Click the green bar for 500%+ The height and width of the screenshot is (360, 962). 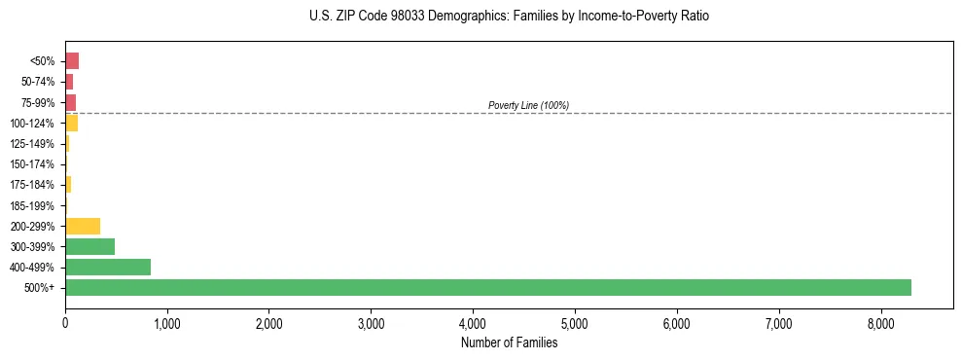(487, 287)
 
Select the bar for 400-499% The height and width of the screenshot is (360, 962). (108, 267)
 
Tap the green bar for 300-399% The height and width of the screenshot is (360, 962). (89, 246)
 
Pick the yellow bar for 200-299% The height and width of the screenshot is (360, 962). (83, 226)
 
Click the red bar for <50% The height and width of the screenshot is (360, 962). (72, 61)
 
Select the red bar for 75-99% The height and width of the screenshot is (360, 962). (71, 102)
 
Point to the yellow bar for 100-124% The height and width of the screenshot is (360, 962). (72, 123)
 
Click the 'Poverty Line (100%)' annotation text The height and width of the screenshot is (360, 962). (528, 105)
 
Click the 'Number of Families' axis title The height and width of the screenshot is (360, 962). (509, 342)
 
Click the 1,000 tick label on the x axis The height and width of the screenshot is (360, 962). (167, 323)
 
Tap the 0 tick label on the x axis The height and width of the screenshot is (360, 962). (65, 323)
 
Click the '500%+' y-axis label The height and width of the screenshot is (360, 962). (41, 288)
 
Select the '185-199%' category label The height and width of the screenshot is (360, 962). (33, 205)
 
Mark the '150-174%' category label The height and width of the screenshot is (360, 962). (33, 164)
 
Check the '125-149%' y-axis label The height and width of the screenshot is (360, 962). (33, 144)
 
